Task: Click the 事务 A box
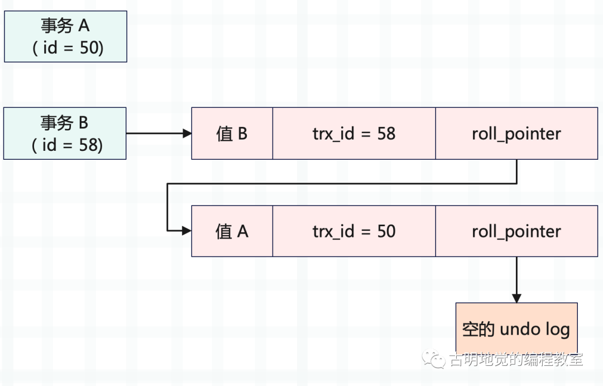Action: click(x=65, y=36)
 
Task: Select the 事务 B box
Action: click(x=65, y=134)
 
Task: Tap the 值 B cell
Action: click(x=232, y=134)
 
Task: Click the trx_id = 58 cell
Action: click(x=354, y=134)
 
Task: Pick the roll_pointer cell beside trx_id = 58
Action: click(x=516, y=134)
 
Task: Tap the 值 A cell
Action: click(x=232, y=231)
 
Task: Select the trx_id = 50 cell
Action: click(x=354, y=231)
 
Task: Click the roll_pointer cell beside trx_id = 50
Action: click(x=516, y=231)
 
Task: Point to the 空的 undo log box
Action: click(x=516, y=328)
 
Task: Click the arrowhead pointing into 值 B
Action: click(x=187, y=134)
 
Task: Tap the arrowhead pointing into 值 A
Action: click(x=187, y=231)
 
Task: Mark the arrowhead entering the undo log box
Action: click(x=516, y=298)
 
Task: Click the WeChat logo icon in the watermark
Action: click(x=433, y=359)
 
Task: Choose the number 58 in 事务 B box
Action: click(x=89, y=145)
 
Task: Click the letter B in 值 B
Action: click(x=243, y=134)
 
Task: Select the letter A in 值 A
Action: click(x=243, y=232)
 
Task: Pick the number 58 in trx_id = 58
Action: click(x=386, y=134)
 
